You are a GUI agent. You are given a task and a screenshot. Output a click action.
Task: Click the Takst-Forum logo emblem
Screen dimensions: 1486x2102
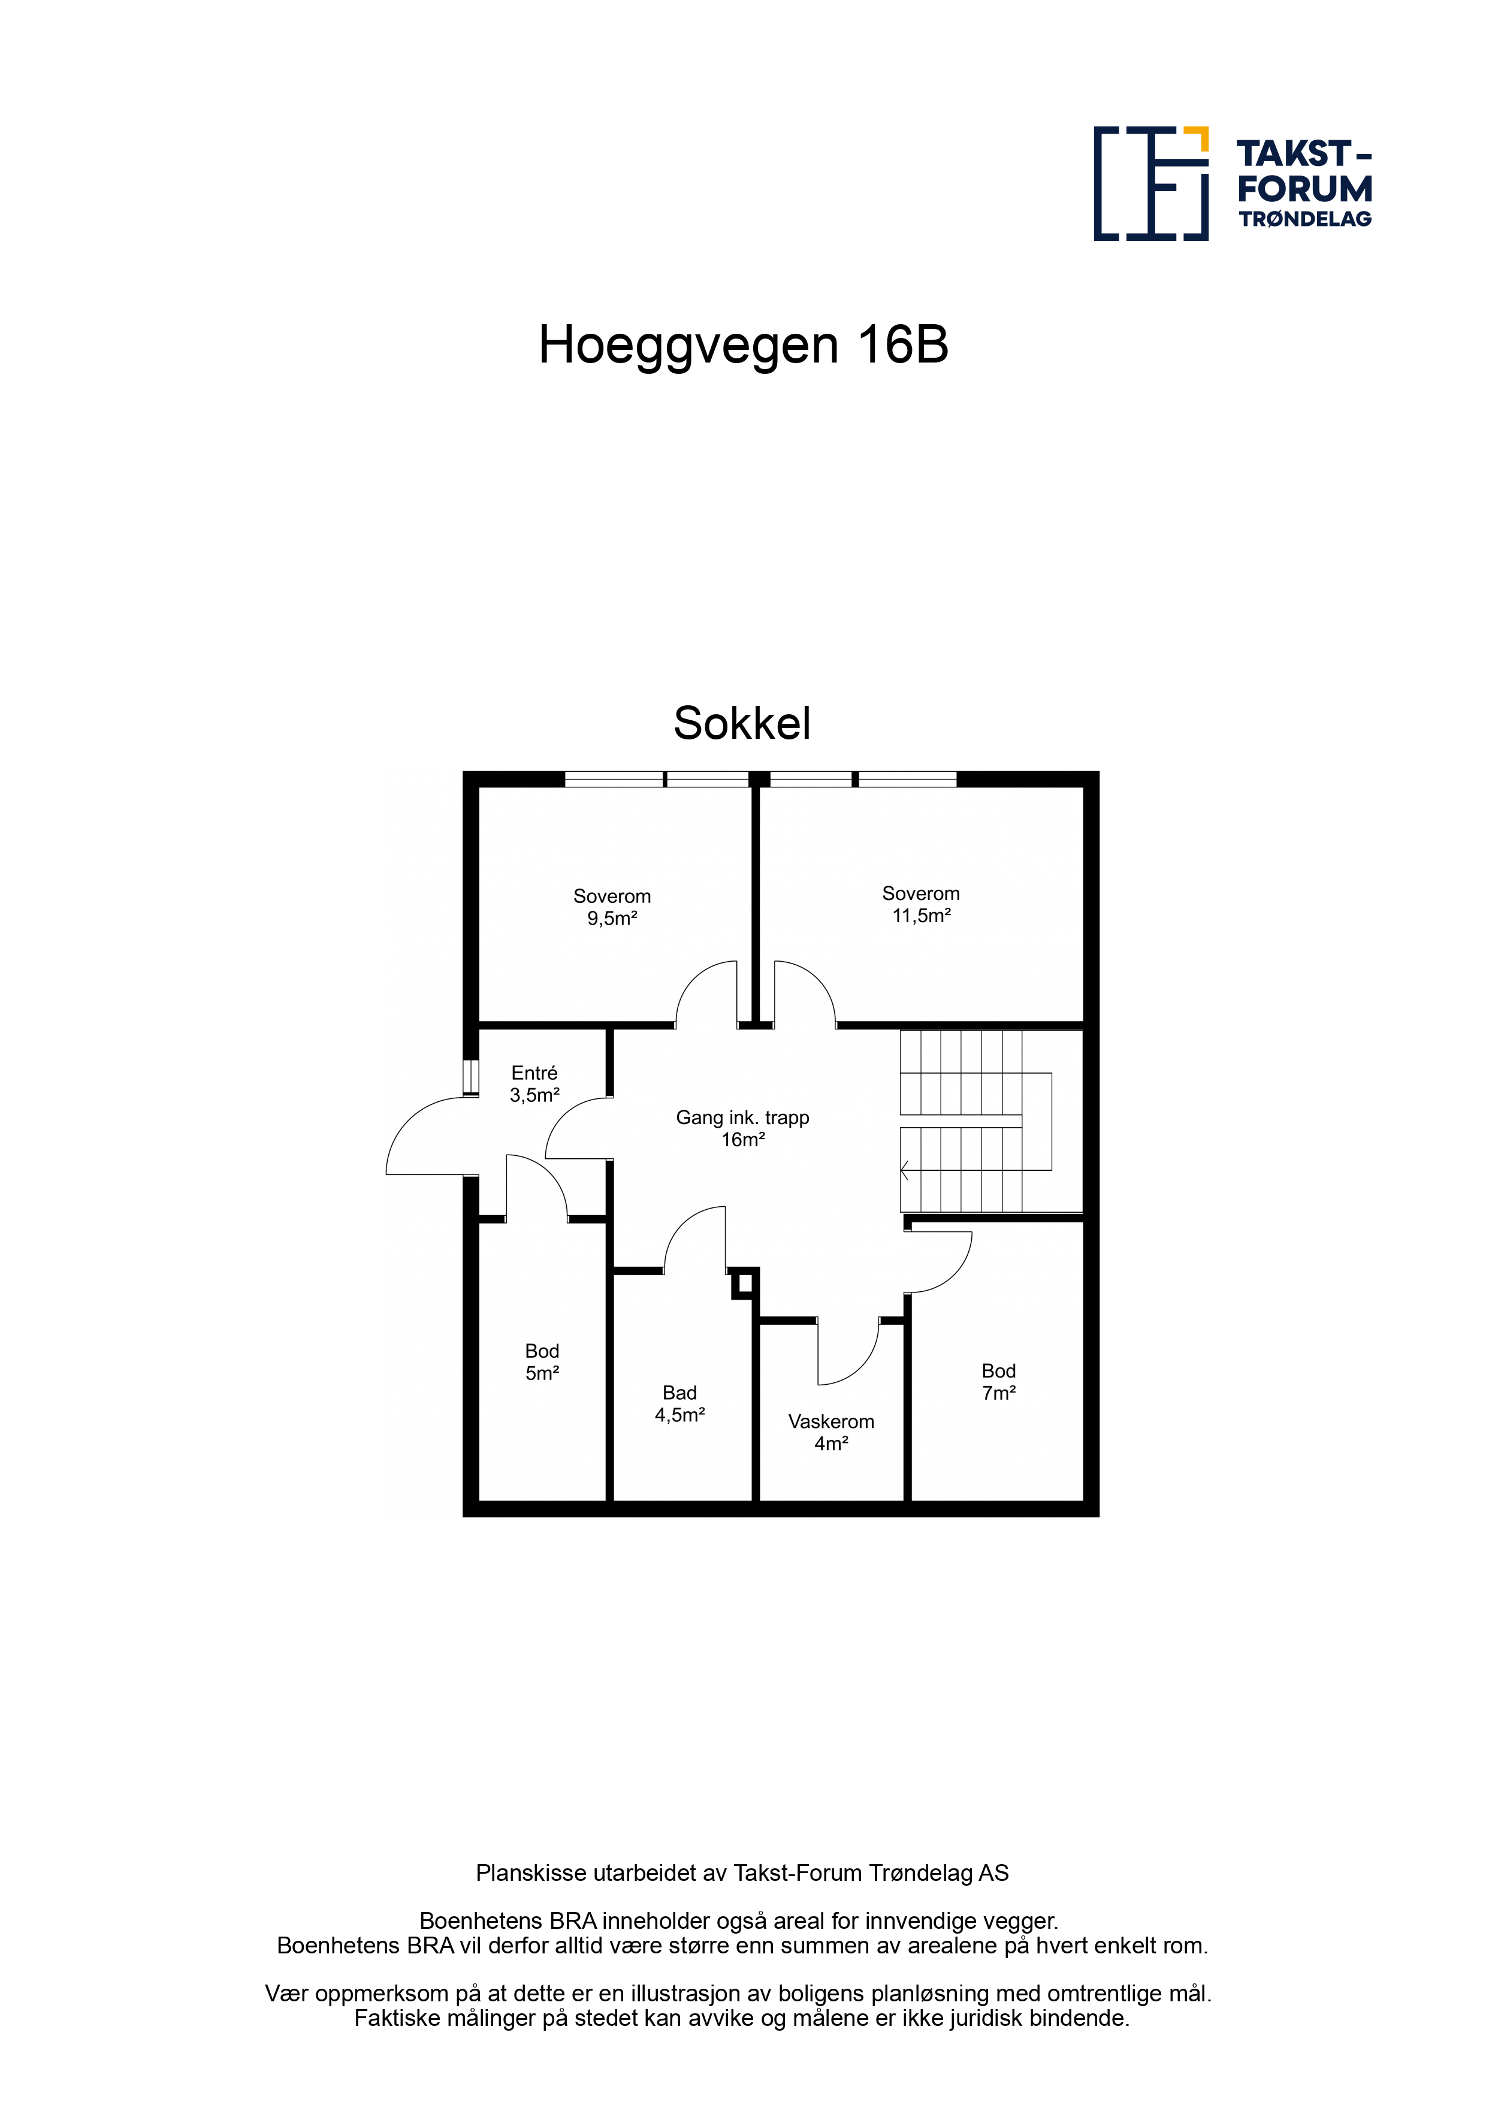click(x=1151, y=183)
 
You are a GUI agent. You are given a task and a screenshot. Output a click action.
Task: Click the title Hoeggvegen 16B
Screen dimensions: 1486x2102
click(x=742, y=345)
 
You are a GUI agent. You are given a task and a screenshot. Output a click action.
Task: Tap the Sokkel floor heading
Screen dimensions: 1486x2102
click(x=742, y=723)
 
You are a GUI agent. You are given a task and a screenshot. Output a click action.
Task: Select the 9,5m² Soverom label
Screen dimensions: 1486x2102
click(x=612, y=907)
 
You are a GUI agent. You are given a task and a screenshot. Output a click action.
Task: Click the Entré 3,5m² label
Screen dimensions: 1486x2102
click(x=534, y=1084)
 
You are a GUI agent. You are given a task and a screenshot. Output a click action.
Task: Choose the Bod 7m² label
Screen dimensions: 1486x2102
click(x=999, y=1382)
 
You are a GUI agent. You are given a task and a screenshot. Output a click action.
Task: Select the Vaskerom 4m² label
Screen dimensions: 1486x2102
click(x=831, y=1433)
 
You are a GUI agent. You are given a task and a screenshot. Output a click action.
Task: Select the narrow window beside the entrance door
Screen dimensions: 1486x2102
click(x=470, y=1077)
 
